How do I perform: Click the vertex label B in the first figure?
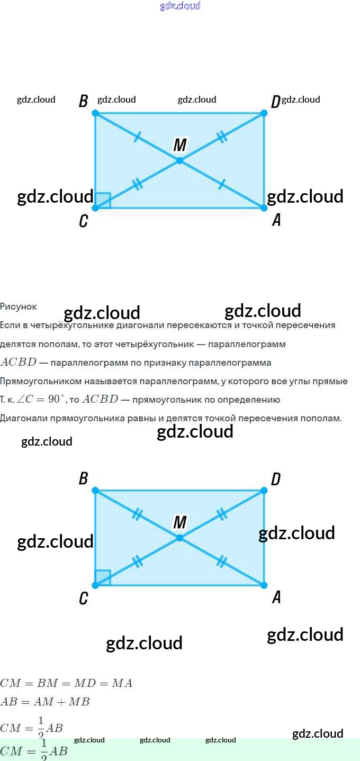83,101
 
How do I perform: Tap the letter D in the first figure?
275,102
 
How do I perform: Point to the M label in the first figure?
180,144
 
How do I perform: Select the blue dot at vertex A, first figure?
264,207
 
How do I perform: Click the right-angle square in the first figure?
103,201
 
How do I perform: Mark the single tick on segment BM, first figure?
137,137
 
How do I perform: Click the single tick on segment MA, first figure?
222,184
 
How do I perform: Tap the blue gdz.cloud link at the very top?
180,6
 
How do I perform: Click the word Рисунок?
19,306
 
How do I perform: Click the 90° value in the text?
54,400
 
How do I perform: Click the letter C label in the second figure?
83,599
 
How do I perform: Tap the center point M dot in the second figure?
179,538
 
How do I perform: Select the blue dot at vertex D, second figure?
264,491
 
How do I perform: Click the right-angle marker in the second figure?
103,578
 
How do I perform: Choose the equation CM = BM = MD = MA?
66,683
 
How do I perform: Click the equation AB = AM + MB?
45,702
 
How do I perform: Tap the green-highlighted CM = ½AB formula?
34,750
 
